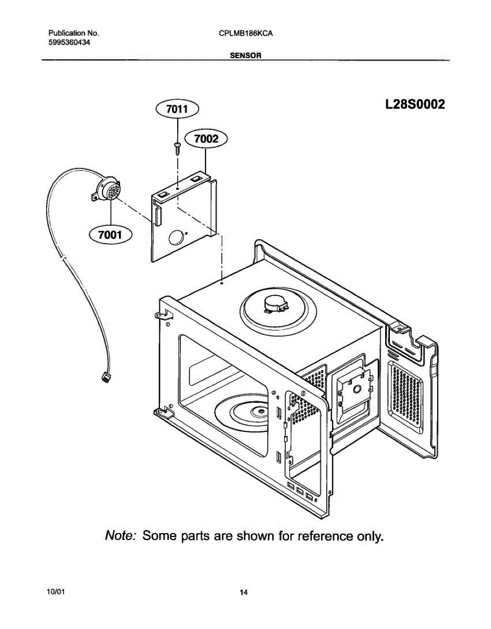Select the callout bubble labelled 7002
pyautogui.click(x=206, y=139)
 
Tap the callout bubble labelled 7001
pyautogui.click(x=111, y=235)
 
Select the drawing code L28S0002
pyautogui.click(x=414, y=104)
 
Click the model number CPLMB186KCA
pyautogui.click(x=246, y=33)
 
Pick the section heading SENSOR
pyautogui.click(x=246, y=55)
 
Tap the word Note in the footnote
pyautogui.click(x=121, y=536)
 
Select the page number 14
pyautogui.click(x=244, y=593)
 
